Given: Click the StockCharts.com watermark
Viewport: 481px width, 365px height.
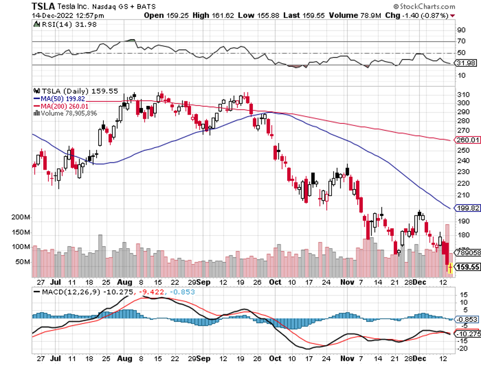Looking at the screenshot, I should [425, 7].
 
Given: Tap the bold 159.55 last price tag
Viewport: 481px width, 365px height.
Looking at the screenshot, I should [468, 267].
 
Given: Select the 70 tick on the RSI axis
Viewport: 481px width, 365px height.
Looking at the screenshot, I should [461, 41].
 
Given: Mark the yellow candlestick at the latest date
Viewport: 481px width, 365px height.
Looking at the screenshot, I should [450, 268].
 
